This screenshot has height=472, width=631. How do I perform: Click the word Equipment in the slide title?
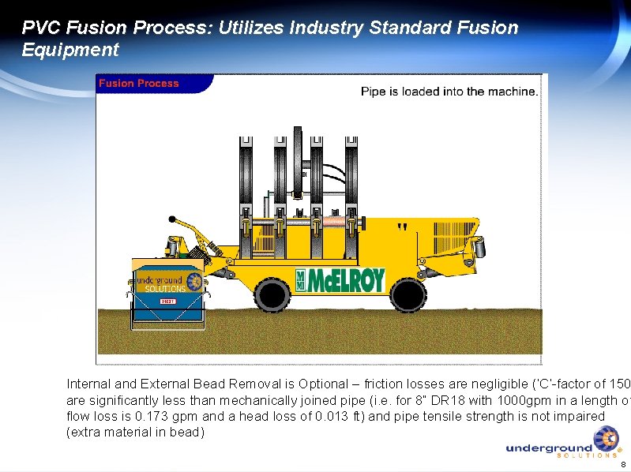tap(70, 51)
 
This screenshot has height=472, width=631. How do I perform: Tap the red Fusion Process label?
tap(138, 84)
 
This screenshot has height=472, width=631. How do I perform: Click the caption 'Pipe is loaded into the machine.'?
tap(449, 92)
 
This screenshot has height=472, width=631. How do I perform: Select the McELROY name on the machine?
tap(347, 280)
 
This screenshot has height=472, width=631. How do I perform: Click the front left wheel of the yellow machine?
tap(272, 295)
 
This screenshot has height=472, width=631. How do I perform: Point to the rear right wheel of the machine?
tap(408, 295)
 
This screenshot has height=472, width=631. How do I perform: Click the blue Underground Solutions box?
tap(167, 294)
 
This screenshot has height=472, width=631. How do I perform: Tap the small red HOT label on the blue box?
tap(167, 302)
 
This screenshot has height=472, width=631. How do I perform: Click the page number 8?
tap(622, 465)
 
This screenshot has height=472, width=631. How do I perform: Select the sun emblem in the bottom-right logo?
tap(607, 438)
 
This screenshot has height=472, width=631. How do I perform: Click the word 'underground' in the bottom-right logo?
tap(549, 448)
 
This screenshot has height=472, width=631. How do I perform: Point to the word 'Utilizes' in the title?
tap(244, 28)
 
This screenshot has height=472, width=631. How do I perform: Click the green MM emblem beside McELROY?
tap(302, 280)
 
